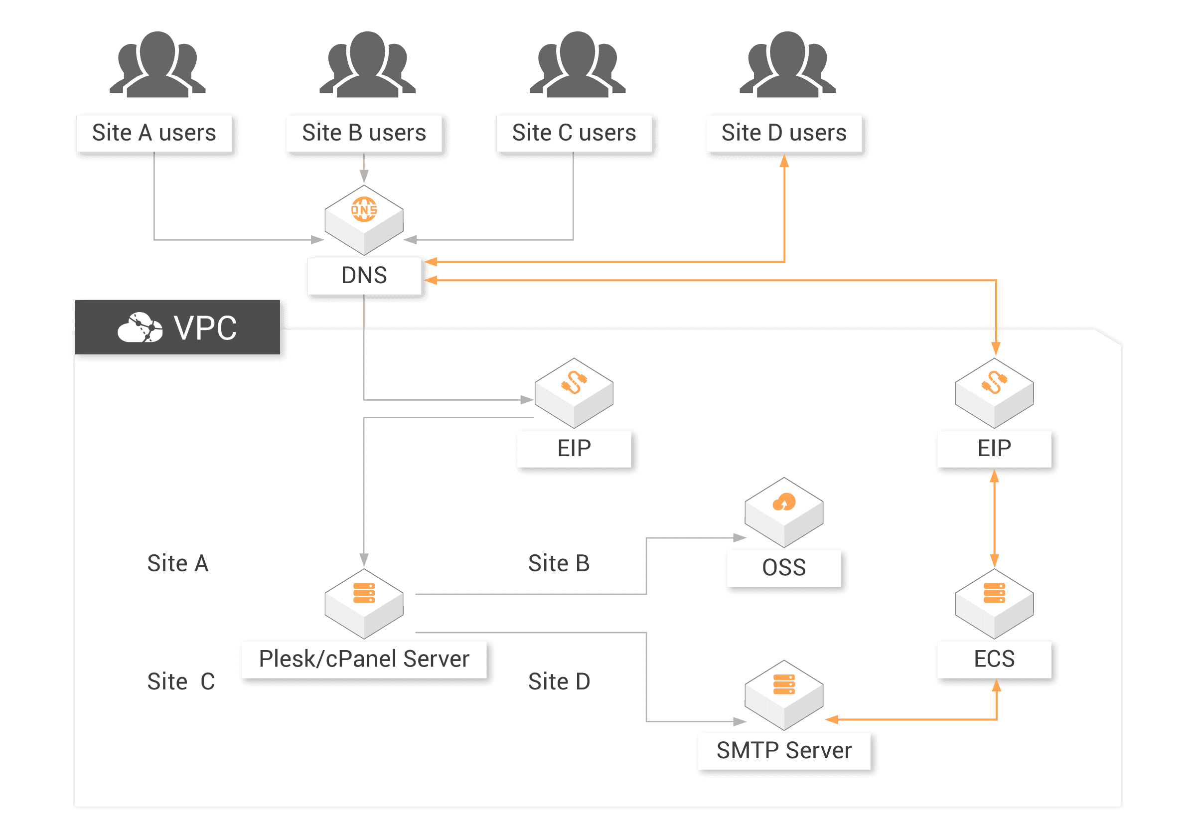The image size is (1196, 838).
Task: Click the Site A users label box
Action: [x=153, y=133]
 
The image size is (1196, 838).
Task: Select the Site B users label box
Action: [x=364, y=133]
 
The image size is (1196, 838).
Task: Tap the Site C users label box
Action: [x=574, y=133]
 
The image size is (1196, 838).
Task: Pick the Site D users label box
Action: [x=783, y=133]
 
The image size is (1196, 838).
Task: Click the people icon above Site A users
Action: [x=157, y=65]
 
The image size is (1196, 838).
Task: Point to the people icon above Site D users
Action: [x=787, y=65]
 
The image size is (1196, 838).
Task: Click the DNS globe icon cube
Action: [x=364, y=219]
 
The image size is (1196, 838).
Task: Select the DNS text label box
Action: [x=364, y=275]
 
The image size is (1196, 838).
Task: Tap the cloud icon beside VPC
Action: [x=140, y=328]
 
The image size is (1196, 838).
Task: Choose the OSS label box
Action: [x=783, y=567]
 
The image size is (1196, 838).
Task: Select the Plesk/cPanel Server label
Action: [x=364, y=659]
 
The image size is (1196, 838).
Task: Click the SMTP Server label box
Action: [x=783, y=750]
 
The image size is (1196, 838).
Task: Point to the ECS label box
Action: [x=994, y=659]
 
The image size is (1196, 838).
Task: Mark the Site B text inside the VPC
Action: [x=559, y=563]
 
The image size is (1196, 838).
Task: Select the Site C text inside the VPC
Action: [x=180, y=681]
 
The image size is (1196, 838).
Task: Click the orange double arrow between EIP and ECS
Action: [x=994, y=518]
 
